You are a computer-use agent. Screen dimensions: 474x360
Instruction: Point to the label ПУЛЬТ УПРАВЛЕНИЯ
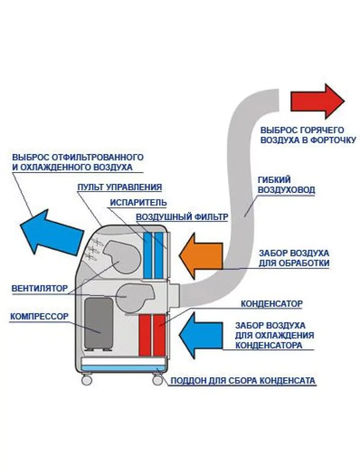[x=120, y=187]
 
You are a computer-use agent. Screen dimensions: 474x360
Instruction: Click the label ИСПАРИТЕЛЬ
[x=138, y=202]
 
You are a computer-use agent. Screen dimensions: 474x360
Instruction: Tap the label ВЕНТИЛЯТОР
[x=38, y=288]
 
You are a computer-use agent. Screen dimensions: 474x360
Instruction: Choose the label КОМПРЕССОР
[x=39, y=316]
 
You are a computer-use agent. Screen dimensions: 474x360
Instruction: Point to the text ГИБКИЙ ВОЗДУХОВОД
[x=287, y=185]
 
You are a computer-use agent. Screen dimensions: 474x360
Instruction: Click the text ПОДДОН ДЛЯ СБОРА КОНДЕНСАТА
[x=243, y=380]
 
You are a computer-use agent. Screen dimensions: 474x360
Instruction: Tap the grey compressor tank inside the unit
[x=99, y=323]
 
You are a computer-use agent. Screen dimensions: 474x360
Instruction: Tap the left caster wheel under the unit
[x=86, y=379]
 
